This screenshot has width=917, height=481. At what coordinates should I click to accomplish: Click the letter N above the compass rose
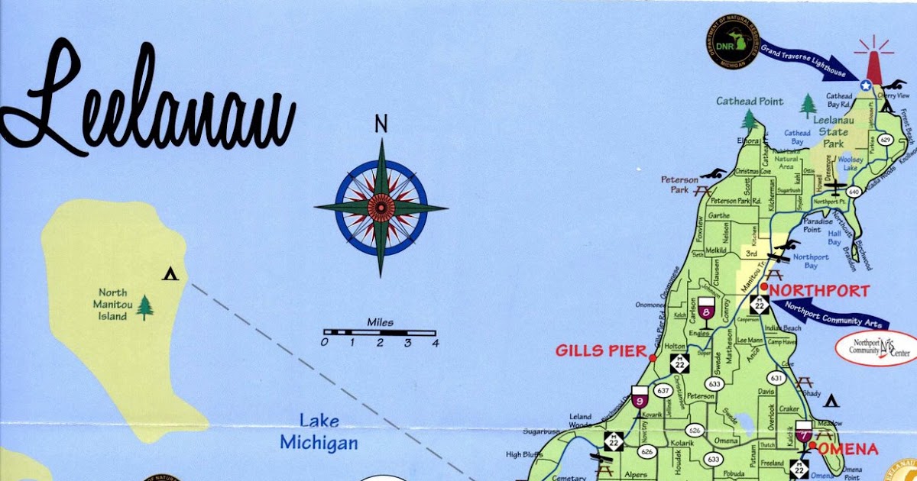click(x=381, y=124)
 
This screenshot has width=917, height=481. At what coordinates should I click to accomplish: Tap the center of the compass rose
click(x=381, y=207)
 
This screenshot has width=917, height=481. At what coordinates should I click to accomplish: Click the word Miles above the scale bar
click(x=380, y=322)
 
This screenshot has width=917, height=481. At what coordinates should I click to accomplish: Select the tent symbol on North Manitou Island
click(x=170, y=273)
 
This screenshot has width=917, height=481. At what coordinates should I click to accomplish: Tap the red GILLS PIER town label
click(x=601, y=350)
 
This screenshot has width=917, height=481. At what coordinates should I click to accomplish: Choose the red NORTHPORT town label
click(x=818, y=291)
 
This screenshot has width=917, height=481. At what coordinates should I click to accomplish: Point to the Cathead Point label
click(x=750, y=102)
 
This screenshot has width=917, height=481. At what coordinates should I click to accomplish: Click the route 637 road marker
click(x=663, y=391)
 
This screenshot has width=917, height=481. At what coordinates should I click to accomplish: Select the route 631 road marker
click(x=776, y=378)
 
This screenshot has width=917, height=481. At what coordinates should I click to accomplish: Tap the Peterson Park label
click(x=676, y=184)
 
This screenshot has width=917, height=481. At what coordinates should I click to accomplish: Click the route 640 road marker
click(x=854, y=192)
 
